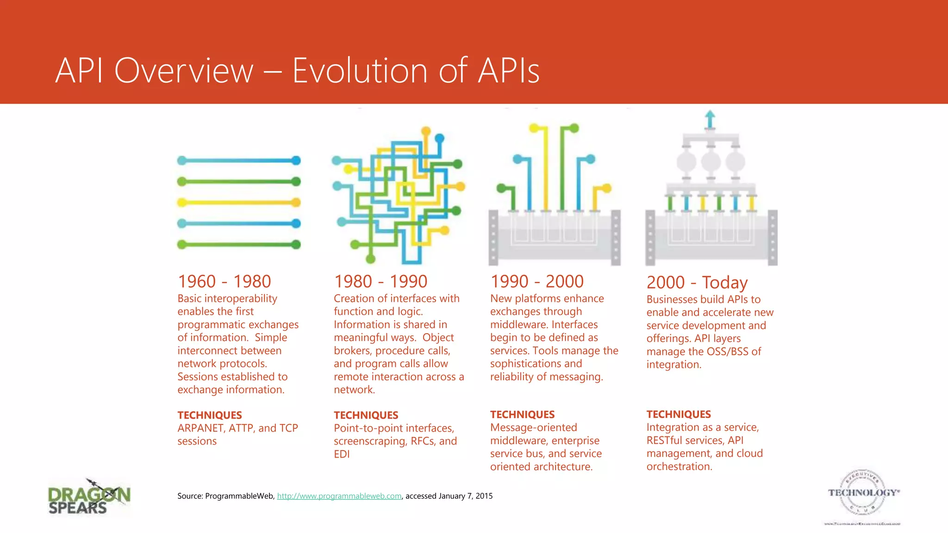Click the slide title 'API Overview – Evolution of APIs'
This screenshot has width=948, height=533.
[x=297, y=70]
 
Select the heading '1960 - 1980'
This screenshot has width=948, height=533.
[x=225, y=281]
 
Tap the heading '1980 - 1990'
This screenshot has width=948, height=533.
[x=380, y=281]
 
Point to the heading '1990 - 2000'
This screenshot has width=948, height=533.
[x=537, y=281]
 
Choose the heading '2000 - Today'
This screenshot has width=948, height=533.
[x=697, y=282]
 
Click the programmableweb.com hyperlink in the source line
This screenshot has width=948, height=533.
[x=339, y=496]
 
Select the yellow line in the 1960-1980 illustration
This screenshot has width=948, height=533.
[x=239, y=203]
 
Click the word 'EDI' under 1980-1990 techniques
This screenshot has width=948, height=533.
[x=342, y=454]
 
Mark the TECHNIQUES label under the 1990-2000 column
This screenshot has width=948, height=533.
[x=522, y=415]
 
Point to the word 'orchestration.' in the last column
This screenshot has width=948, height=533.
[x=679, y=467]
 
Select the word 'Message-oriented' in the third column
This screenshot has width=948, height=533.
[x=533, y=428]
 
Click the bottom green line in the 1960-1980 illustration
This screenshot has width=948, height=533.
[x=239, y=244]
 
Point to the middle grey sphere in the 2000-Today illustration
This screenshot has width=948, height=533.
[x=710, y=162]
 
